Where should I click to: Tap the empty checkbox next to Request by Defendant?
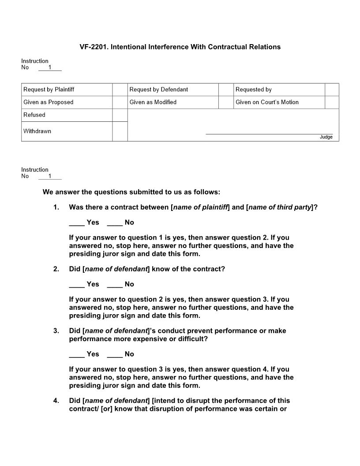click(x=225, y=90)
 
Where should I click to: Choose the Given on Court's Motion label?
click(x=267, y=102)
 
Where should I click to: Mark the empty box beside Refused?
click(x=120, y=115)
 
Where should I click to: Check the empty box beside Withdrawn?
click(x=120, y=132)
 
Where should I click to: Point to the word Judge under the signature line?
click(x=326, y=137)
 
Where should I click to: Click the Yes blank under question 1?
click(x=77, y=223)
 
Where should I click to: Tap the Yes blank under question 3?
click(x=77, y=354)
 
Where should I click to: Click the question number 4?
click(x=56, y=401)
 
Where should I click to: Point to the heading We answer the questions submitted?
click(x=131, y=192)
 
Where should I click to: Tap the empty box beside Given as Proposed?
click(x=120, y=102)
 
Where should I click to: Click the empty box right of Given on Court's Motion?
click(x=332, y=102)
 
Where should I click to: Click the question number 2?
click(x=56, y=269)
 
